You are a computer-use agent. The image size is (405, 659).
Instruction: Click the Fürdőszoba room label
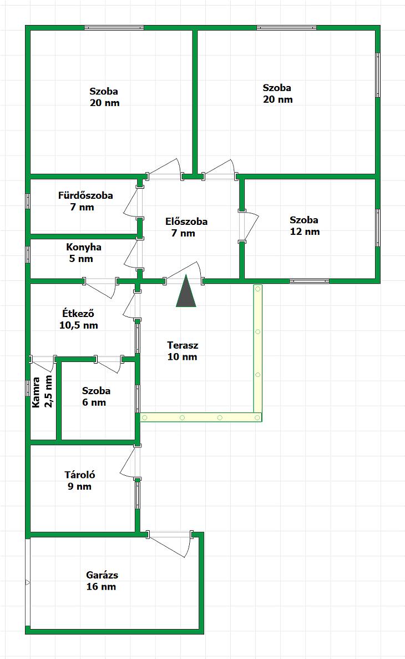point(85,195)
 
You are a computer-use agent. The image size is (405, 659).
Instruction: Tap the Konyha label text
point(84,247)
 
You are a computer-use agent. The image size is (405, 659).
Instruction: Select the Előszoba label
point(186,222)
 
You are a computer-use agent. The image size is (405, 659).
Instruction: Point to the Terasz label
point(183,345)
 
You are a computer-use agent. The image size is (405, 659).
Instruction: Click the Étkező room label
point(78,313)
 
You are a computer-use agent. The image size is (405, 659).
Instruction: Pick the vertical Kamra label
point(36,392)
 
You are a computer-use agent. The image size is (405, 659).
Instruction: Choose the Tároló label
point(79,475)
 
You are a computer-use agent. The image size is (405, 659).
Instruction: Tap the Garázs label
point(102,575)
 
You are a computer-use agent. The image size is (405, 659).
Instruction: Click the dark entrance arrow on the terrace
point(186,291)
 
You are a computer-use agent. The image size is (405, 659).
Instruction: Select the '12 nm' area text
point(305,232)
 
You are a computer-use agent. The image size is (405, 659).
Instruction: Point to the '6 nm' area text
point(94,403)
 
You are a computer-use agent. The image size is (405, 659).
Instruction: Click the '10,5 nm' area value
point(79,325)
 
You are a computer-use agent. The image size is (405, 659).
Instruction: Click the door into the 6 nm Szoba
point(109,364)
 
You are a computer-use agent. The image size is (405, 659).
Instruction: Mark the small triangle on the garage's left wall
point(28,582)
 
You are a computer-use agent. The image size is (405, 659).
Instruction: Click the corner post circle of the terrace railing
point(257,417)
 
